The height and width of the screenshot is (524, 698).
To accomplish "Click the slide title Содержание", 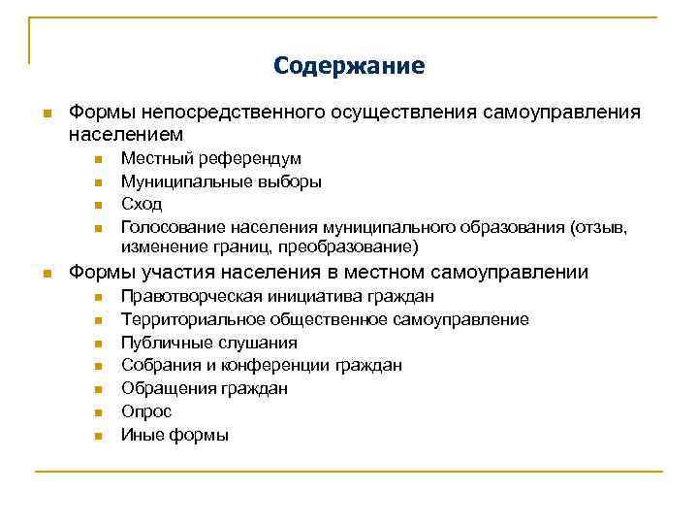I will [349, 66].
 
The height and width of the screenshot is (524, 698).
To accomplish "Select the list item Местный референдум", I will [210, 157].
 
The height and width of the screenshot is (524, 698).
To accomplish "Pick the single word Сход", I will [142, 204].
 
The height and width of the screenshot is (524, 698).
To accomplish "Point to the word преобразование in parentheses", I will [355, 247].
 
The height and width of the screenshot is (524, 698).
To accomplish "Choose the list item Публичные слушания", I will [208, 343].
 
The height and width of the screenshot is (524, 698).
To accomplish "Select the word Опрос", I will [145, 411].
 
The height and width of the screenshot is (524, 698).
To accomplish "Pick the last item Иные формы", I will [174, 435].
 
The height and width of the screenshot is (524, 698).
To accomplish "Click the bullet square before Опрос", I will [98, 412].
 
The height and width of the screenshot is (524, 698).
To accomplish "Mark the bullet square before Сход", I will [98, 205].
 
